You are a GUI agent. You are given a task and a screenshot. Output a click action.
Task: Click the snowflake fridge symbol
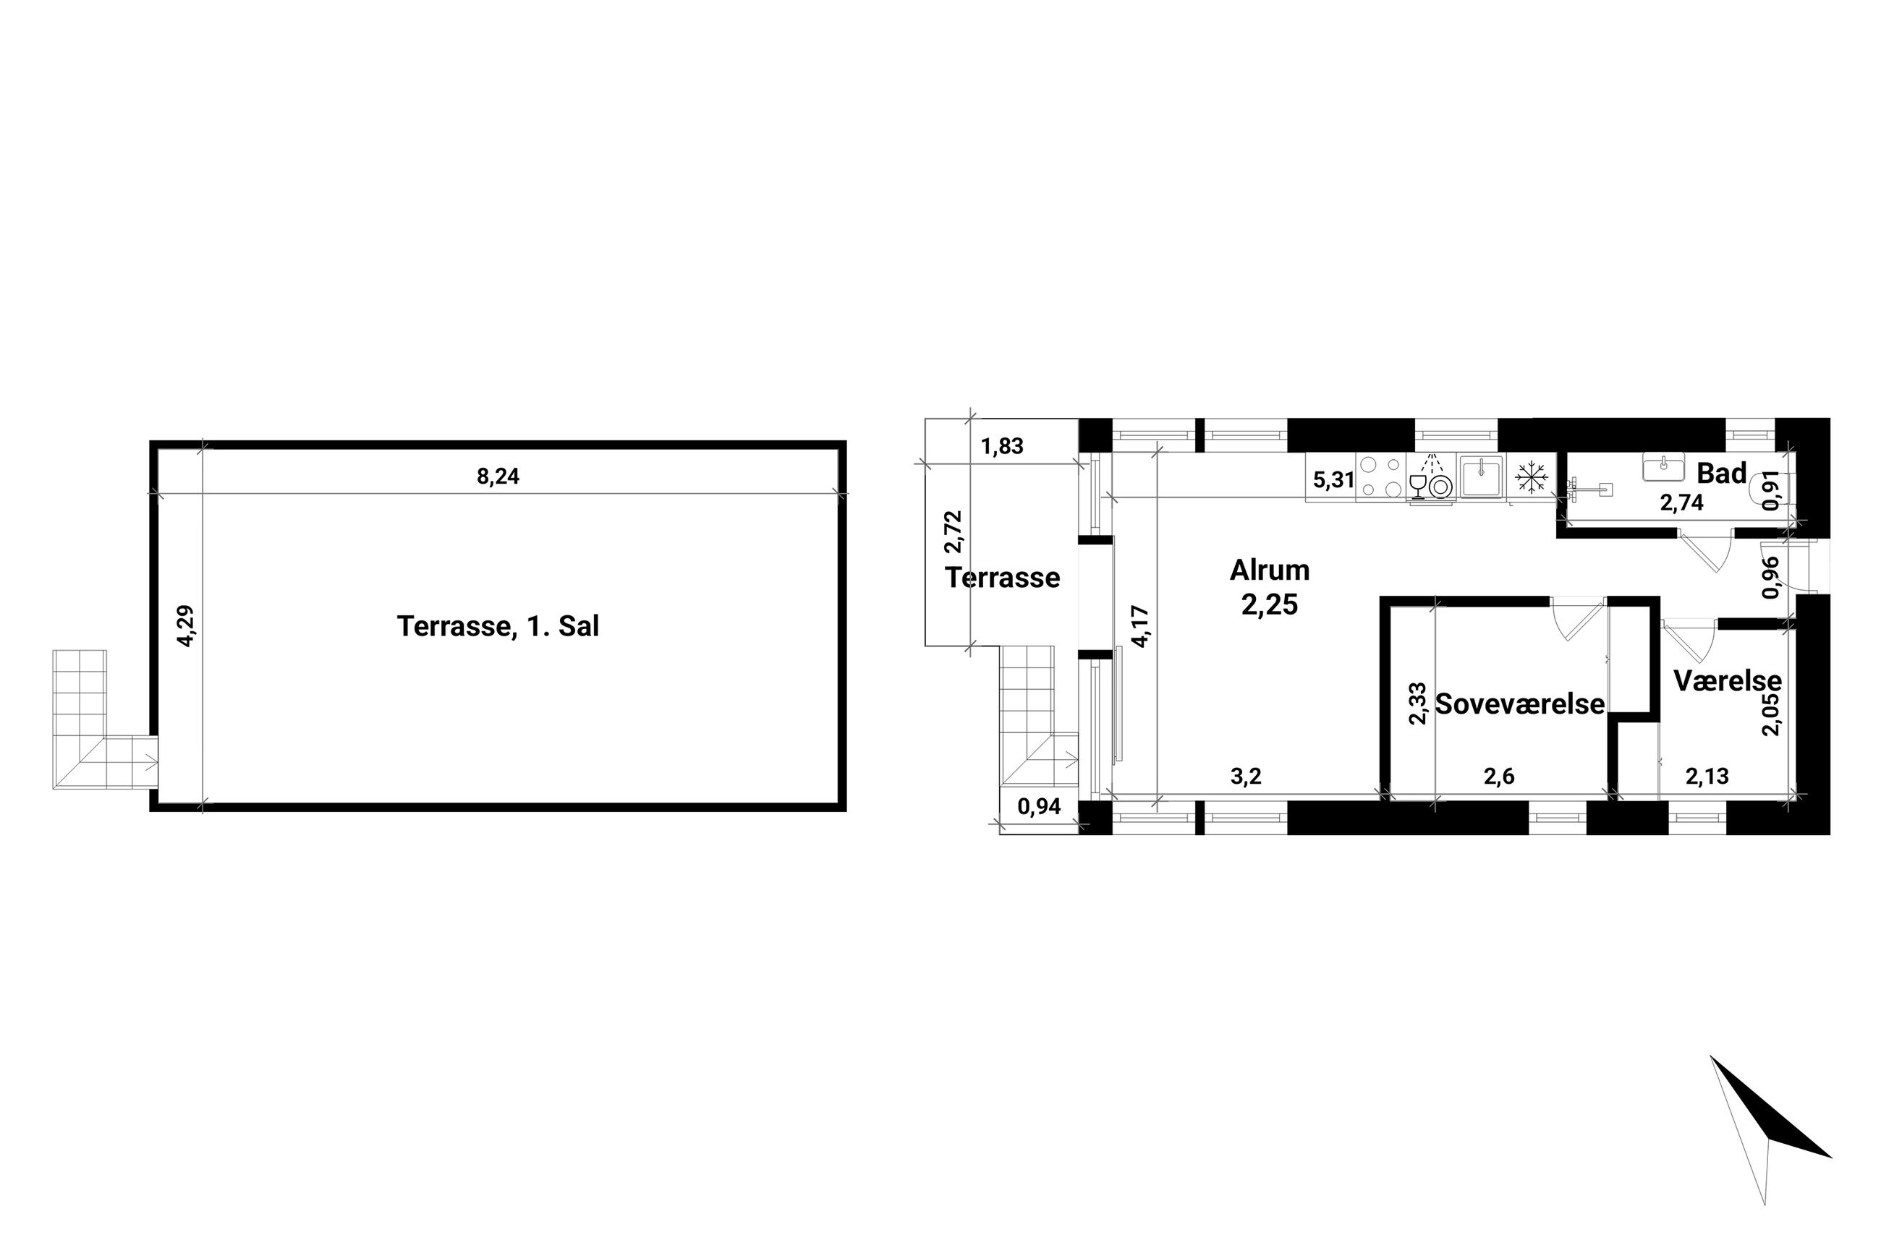tap(1531, 478)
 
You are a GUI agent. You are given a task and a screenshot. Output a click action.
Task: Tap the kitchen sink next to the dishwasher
tap(1482, 477)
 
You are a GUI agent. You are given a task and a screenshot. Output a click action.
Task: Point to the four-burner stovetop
tap(1381, 477)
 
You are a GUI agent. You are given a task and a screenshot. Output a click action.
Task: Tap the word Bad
tap(1721, 473)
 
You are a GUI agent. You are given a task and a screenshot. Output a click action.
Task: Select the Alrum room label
tap(1270, 570)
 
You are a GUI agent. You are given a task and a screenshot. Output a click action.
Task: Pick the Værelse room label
tap(1728, 680)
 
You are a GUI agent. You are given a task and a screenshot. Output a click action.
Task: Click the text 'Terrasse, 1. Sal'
tap(497, 625)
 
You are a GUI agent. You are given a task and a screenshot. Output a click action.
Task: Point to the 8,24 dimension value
tap(497, 476)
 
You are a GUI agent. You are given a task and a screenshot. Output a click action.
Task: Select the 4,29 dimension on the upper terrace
tap(184, 625)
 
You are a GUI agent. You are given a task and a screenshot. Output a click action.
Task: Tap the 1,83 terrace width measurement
tap(1002, 446)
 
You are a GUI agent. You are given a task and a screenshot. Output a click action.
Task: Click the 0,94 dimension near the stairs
tap(1038, 806)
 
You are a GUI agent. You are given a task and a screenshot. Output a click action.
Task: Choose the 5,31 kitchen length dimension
tap(1333, 480)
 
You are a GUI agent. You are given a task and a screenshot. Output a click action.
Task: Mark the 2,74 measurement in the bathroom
tap(1681, 502)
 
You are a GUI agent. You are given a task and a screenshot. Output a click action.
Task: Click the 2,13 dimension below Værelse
tap(1707, 775)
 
